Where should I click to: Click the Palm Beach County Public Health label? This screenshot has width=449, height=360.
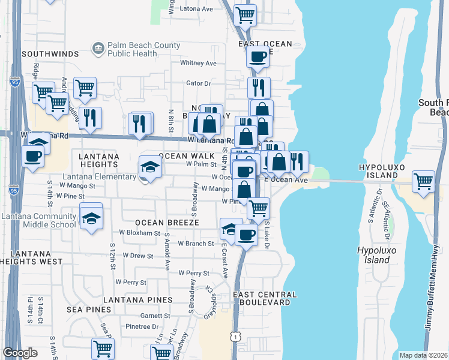coord(143,49)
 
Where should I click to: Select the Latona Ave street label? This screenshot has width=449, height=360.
coord(196,9)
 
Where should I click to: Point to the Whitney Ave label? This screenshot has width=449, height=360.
coord(198,63)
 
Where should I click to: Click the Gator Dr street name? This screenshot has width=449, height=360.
coord(199,84)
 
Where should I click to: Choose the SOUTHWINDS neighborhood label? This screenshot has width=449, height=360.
coord(50,54)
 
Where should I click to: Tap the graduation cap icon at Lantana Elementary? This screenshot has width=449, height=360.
coord(150,166)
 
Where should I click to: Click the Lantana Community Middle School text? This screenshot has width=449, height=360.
coord(38,220)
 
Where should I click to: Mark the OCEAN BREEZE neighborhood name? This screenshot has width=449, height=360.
coord(158,223)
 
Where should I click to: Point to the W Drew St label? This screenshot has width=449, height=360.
coord(137,256)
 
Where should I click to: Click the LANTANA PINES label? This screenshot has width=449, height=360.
coord(137,299)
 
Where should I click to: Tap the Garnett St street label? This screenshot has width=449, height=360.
coord(155,315)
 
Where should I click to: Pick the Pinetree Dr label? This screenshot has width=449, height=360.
coord(142,327)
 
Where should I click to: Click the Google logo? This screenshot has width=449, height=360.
coord(20,353)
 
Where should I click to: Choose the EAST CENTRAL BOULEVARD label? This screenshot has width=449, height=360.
coord(264,299)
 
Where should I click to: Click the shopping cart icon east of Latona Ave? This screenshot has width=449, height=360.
coord(245,14)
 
